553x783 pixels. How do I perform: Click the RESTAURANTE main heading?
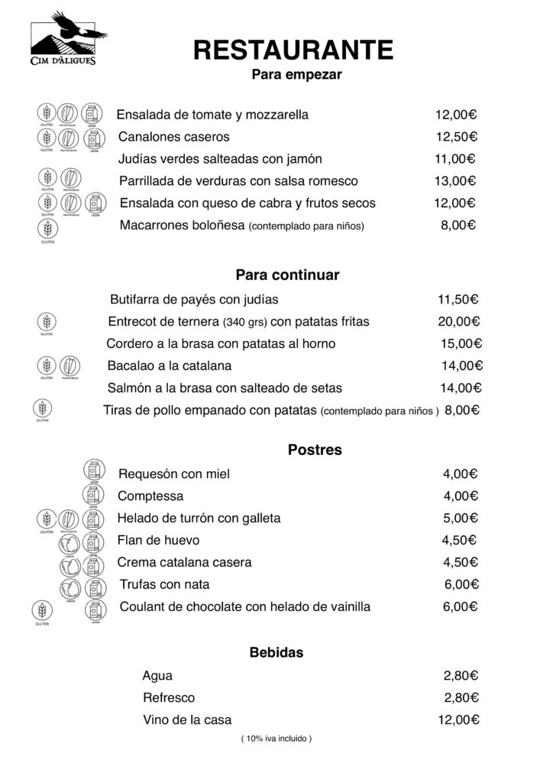(x=293, y=50)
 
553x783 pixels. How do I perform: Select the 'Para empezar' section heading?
(x=296, y=75)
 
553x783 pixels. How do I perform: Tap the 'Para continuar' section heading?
(x=287, y=275)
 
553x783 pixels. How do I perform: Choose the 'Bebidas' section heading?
(x=276, y=652)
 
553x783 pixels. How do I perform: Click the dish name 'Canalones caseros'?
(x=173, y=137)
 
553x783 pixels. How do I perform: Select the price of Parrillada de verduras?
(x=455, y=181)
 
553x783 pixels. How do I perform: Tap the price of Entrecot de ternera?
(x=458, y=321)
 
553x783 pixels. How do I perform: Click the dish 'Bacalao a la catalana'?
(x=170, y=366)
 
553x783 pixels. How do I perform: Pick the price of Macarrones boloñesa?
(x=458, y=226)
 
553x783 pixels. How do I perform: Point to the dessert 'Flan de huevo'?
(x=158, y=540)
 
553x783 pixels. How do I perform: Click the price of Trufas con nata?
(x=461, y=584)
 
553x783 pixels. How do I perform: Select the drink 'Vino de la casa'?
(x=187, y=720)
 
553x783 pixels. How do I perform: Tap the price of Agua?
(x=461, y=675)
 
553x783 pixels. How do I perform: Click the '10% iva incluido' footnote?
(x=276, y=739)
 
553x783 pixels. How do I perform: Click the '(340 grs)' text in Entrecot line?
(x=244, y=322)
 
